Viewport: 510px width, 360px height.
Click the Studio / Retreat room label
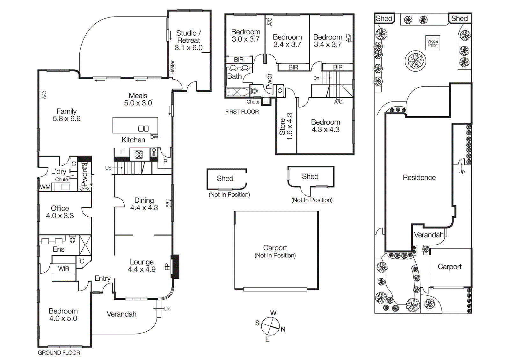pyautogui.click(x=188, y=40)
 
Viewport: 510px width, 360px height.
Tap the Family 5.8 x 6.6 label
pyautogui.click(x=67, y=115)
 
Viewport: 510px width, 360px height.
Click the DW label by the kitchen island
pyautogui.click(x=154, y=137)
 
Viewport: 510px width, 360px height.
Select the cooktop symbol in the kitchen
pyautogui.click(x=139, y=155)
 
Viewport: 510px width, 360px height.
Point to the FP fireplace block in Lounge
pyautogui.click(x=175, y=266)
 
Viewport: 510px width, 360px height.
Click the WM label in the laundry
pyautogui.click(x=45, y=187)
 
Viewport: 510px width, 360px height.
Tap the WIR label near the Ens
pyautogui.click(x=63, y=269)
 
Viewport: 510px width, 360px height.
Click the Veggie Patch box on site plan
pyautogui.click(x=433, y=43)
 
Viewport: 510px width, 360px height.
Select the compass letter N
pyautogui.click(x=283, y=329)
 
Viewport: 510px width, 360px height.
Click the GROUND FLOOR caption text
pyautogui.click(x=59, y=353)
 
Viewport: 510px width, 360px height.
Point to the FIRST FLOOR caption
pyautogui.click(x=242, y=112)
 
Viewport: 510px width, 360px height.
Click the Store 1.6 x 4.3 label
pyautogui.click(x=286, y=126)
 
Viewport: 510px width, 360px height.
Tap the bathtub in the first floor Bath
pyautogui.click(x=237, y=92)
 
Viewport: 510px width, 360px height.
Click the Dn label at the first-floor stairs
pyautogui.click(x=316, y=78)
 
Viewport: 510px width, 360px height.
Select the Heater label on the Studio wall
pyautogui.click(x=172, y=67)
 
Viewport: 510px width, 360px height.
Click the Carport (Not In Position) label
pyautogui.click(x=275, y=251)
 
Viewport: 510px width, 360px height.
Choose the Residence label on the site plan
pyautogui.click(x=419, y=177)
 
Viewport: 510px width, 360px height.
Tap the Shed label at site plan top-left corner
pyautogui.click(x=384, y=18)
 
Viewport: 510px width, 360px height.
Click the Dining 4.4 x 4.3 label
pyautogui.click(x=144, y=204)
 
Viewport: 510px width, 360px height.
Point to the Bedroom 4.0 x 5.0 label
pyautogui.click(x=63, y=314)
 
